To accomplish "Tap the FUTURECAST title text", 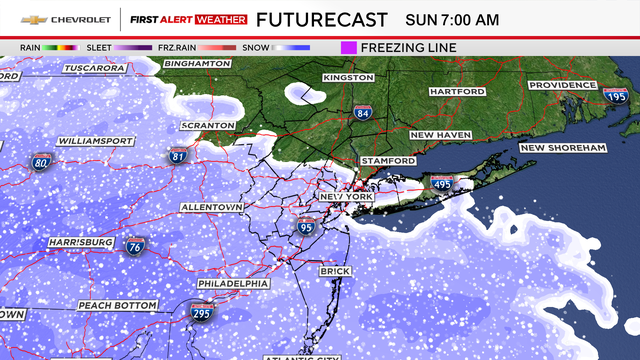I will coord(322,19).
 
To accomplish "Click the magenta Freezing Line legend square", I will coord(349,47).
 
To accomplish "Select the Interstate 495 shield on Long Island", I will coord(441,184).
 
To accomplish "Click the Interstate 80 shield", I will coord(41,160).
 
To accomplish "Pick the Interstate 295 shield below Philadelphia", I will coord(201,313).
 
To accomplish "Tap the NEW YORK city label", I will coord(345,198).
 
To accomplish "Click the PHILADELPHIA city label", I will coord(233,283).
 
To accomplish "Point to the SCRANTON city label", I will coord(207,125).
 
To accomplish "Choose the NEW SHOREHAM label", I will coord(563,148).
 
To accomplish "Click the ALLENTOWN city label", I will coord(211,206).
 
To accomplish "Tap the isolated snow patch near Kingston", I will coord(305,93).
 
